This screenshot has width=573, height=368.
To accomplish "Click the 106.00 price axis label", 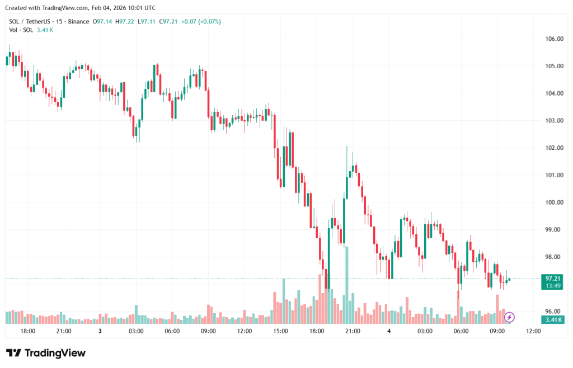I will pos(554,39).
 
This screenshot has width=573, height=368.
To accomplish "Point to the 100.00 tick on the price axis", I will pos(554,202).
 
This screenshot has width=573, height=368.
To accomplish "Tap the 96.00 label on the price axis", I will pos(554,312).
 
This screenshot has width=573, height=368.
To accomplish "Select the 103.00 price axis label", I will pos(554,121).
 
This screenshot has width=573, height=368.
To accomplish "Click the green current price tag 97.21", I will pos(553,278).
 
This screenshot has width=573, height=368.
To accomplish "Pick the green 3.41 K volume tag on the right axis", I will pos(553,319).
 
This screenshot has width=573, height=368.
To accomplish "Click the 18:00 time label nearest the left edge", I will pos(28,331).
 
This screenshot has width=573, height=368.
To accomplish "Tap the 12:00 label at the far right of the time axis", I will pos(534,331).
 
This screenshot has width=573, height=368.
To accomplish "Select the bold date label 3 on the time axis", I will pos(100,331).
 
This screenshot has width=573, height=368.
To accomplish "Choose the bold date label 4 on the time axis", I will pos(389,331).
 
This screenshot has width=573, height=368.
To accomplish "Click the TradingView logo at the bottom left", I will pos(46,353).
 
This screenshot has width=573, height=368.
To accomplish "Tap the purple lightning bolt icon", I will pos(509,318).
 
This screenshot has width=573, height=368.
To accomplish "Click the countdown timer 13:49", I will pos(553,285).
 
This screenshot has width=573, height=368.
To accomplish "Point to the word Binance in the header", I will pos(79,21).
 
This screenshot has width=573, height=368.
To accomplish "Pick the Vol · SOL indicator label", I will pos(21,30).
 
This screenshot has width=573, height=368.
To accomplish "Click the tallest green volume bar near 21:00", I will pos(347,285).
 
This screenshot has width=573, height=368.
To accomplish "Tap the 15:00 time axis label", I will pos(280,331).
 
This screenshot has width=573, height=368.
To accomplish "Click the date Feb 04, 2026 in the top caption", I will pos(111,8).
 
